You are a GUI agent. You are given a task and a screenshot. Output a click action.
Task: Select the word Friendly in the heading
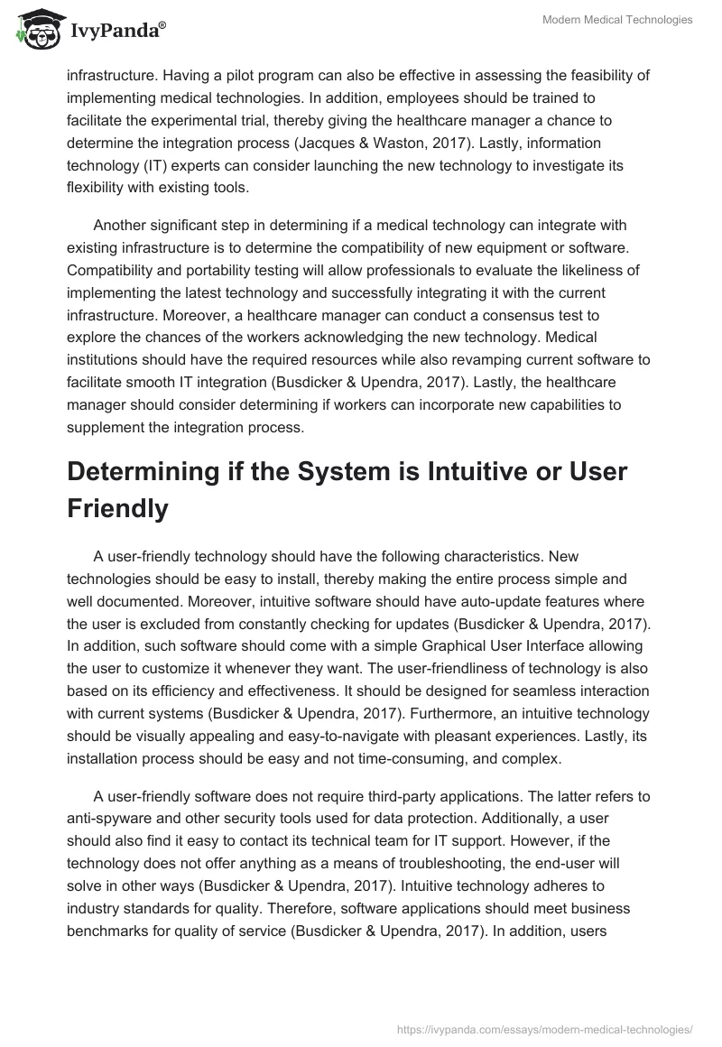coord(118,508)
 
